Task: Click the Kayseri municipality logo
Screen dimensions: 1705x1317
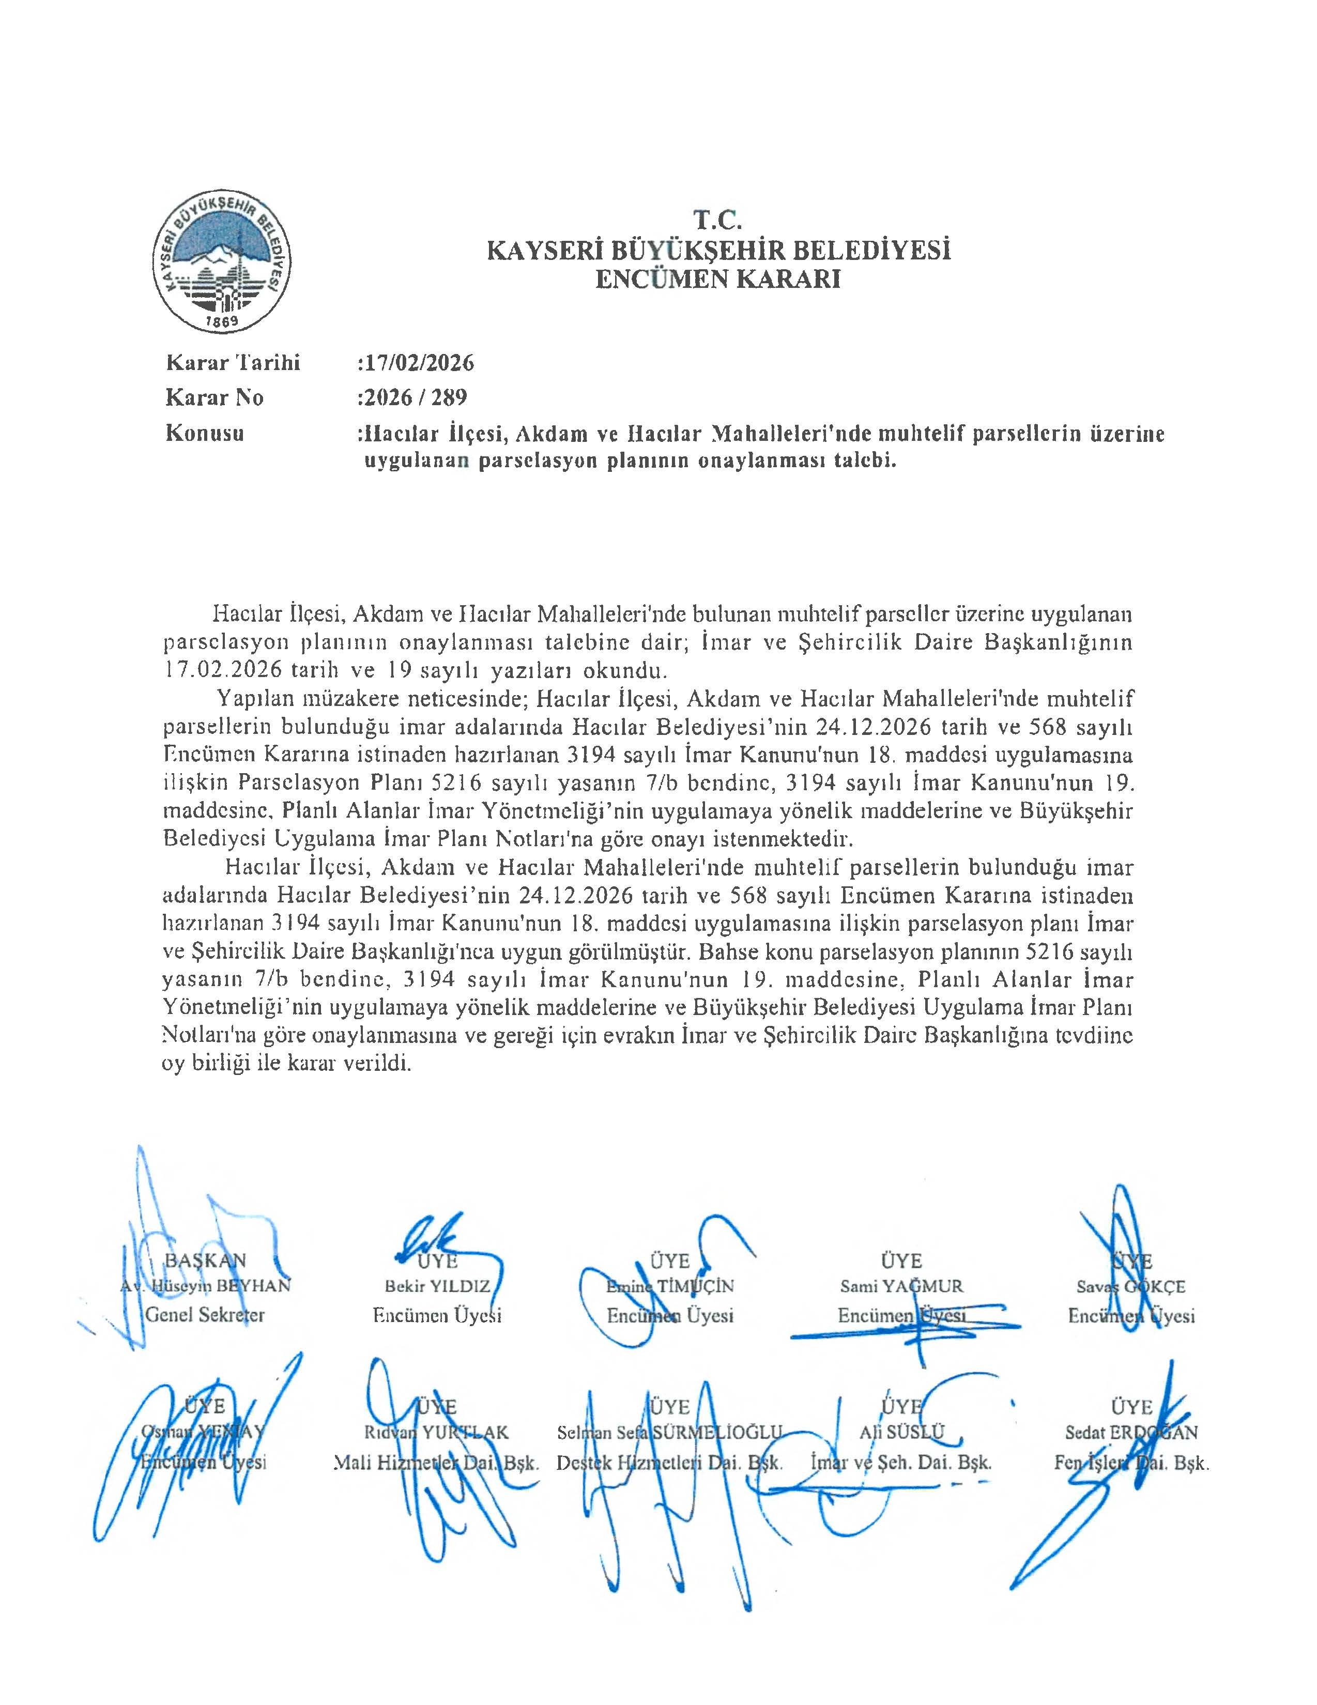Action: tap(222, 266)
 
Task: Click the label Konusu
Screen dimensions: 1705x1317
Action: tap(205, 433)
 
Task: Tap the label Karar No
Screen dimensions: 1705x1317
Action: tap(215, 398)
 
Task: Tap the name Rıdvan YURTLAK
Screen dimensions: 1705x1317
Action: tap(436, 1433)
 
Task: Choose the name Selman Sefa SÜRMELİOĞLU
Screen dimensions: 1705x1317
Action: tap(670, 1433)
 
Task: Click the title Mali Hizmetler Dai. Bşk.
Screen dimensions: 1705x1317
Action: tap(436, 1462)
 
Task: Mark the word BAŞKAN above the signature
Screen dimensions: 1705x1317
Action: tap(205, 1260)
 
